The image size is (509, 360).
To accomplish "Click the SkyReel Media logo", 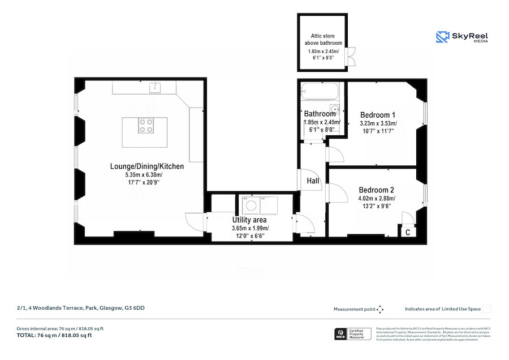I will pyautogui.click(x=463, y=37).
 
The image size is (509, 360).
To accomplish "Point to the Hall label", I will pyautogui.click(x=313, y=181).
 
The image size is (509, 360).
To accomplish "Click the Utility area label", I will pyautogui.click(x=249, y=220).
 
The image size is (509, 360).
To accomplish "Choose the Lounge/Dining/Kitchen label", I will pyautogui.click(x=146, y=166).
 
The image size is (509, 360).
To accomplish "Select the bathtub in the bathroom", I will pyautogui.click(x=320, y=91).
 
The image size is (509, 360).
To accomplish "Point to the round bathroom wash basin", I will pyautogui.click(x=335, y=110).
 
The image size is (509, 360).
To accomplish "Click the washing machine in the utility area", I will pyautogui.click(x=250, y=205).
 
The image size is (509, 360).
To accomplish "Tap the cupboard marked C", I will pyautogui.click(x=407, y=232).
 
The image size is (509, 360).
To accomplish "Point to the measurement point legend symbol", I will pyautogui.click(x=380, y=309).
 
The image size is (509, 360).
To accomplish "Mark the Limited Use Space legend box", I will pyautogui.click(x=486, y=308).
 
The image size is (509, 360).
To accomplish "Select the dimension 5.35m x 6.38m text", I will pyautogui.click(x=146, y=175).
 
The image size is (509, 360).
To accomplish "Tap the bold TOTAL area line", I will pyautogui.click(x=54, y=335).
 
